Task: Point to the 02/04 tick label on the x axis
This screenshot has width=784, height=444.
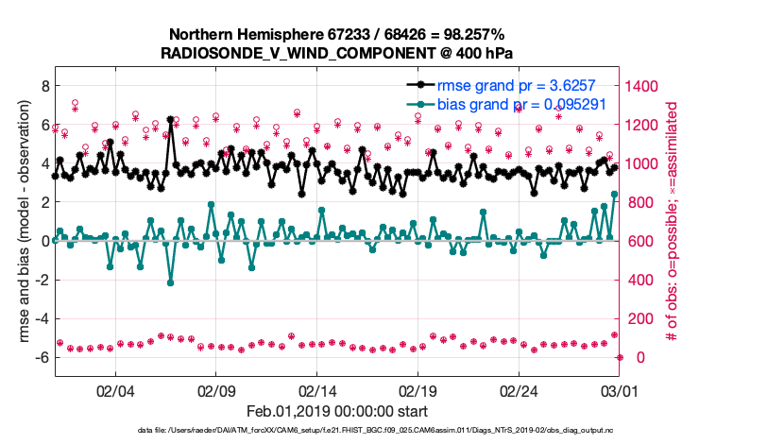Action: [x=114, y=390]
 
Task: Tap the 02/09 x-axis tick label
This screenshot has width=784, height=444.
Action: [x=215, y=390]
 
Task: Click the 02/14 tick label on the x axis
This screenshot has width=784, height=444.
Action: [x=316, y=390]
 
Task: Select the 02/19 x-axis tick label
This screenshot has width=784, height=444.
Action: [x=418, y=390]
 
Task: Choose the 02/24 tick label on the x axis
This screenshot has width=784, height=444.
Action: [x=519, y=390]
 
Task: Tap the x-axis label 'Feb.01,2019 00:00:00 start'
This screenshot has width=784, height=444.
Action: [x=337, y=411]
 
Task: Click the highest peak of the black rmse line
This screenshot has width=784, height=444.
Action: [x=170, y=120]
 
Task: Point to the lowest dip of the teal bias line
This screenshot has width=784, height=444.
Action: [x=170, y=282]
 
